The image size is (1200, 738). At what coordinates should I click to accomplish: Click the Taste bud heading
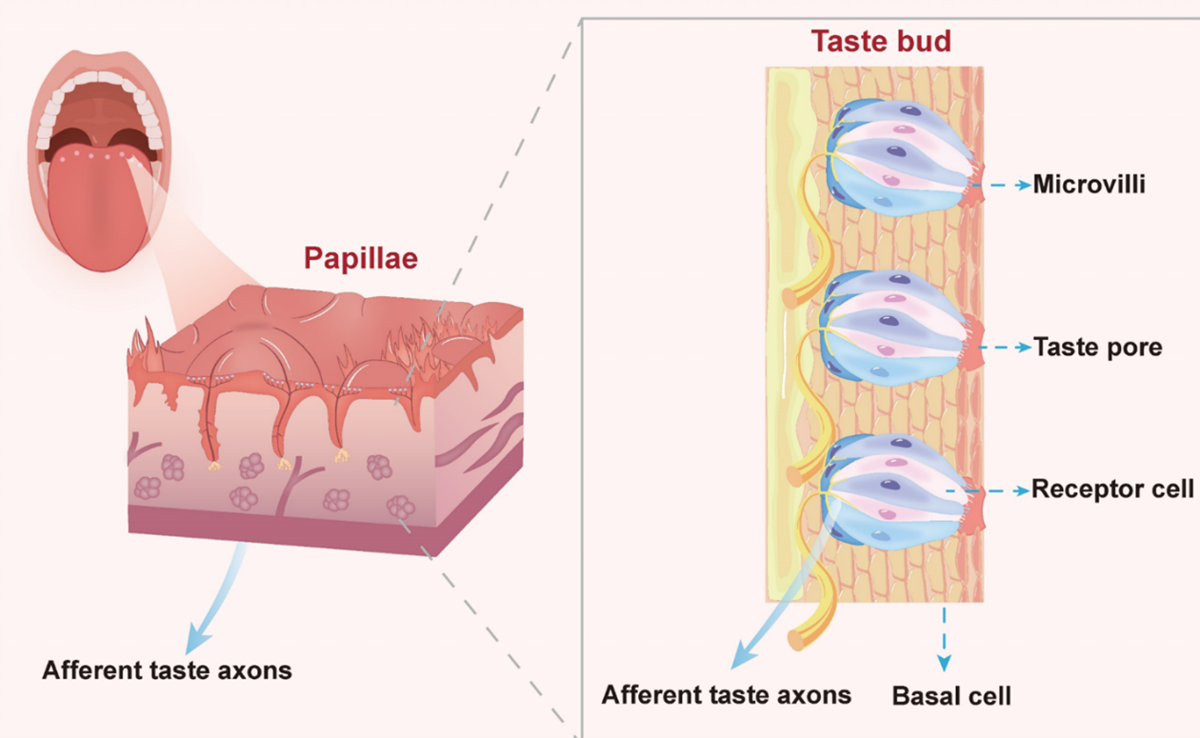click(x=881, y=42)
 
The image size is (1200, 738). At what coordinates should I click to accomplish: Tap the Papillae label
click(x=361, y=258)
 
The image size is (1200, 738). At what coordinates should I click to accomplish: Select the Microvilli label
click(x=1089, y=184)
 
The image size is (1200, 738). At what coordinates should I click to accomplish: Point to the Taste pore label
click(x=1097, y=347)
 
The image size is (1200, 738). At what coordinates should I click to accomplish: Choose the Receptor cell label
click(x=1112, y=489)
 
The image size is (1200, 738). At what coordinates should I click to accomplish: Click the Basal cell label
click(x=950, y=695)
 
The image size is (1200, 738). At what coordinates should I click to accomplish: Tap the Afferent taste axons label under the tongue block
click(x=167, y=669)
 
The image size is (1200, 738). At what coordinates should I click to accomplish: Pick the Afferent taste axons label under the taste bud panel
click(x=726, y=694)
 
